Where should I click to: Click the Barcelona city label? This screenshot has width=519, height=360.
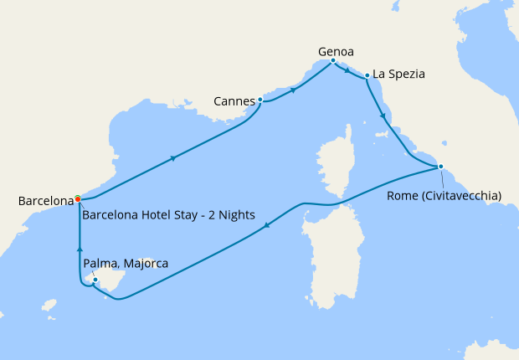click(x=46, y=201)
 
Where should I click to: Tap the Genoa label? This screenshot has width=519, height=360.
click(x=336, y=51)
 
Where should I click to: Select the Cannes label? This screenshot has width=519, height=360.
click(x=234, y=102)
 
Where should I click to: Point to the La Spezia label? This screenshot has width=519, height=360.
click(x=398, y=74)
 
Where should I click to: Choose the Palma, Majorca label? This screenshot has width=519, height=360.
click(x=126, y=264)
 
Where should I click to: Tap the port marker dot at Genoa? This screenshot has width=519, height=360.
click(x=333, y=60)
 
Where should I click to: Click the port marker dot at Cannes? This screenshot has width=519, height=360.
click(x=260, y=100)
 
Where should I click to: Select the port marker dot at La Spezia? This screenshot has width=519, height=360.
click(x=367, y=77)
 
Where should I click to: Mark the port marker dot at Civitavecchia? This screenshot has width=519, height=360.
click(x=440, y=167)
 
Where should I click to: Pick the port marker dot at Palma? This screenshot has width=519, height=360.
click(x=95, y=280)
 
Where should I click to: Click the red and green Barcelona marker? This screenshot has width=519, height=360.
click(x=78, y=198)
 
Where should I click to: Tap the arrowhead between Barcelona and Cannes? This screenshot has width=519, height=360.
click(x=172, y=157)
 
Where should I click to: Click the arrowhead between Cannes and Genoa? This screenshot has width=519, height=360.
click(x=292, y=89)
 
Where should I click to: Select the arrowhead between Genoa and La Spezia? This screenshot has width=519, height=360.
click(x=347, y=72)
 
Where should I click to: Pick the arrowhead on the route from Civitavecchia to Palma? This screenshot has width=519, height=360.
click(x=266, y=224)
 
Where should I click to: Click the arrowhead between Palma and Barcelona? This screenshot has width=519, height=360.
click(x=80, y=248)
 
